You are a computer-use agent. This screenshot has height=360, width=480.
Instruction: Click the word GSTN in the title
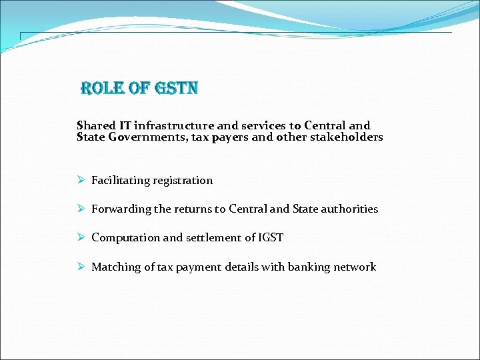click(x=177, y=89)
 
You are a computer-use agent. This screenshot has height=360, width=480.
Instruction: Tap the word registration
click(x=183, y=181)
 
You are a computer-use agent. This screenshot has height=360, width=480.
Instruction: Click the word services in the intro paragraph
click(x=265, y=125)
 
